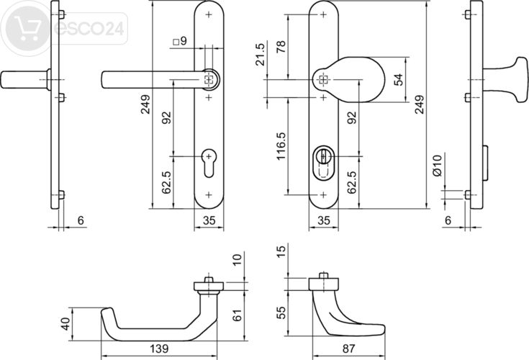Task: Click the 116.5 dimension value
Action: [281, 145]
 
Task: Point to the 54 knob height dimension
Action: [399, 79]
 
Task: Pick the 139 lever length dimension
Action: [160, 348]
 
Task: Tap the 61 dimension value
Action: [238, 313]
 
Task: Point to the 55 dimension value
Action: [281, 313]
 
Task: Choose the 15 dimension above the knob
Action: [281, 253]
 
